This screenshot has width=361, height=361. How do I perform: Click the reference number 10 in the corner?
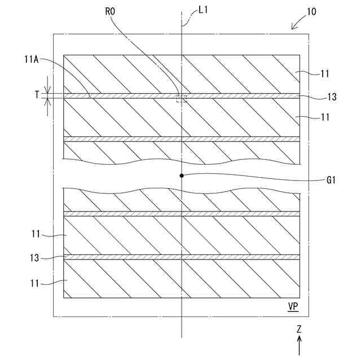311,11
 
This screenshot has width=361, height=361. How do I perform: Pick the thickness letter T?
38,95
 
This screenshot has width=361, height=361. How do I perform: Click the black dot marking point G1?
182,175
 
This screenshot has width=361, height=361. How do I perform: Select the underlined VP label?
293,306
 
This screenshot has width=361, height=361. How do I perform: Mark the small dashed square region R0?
181,99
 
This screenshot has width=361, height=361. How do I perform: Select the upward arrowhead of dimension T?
49,102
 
